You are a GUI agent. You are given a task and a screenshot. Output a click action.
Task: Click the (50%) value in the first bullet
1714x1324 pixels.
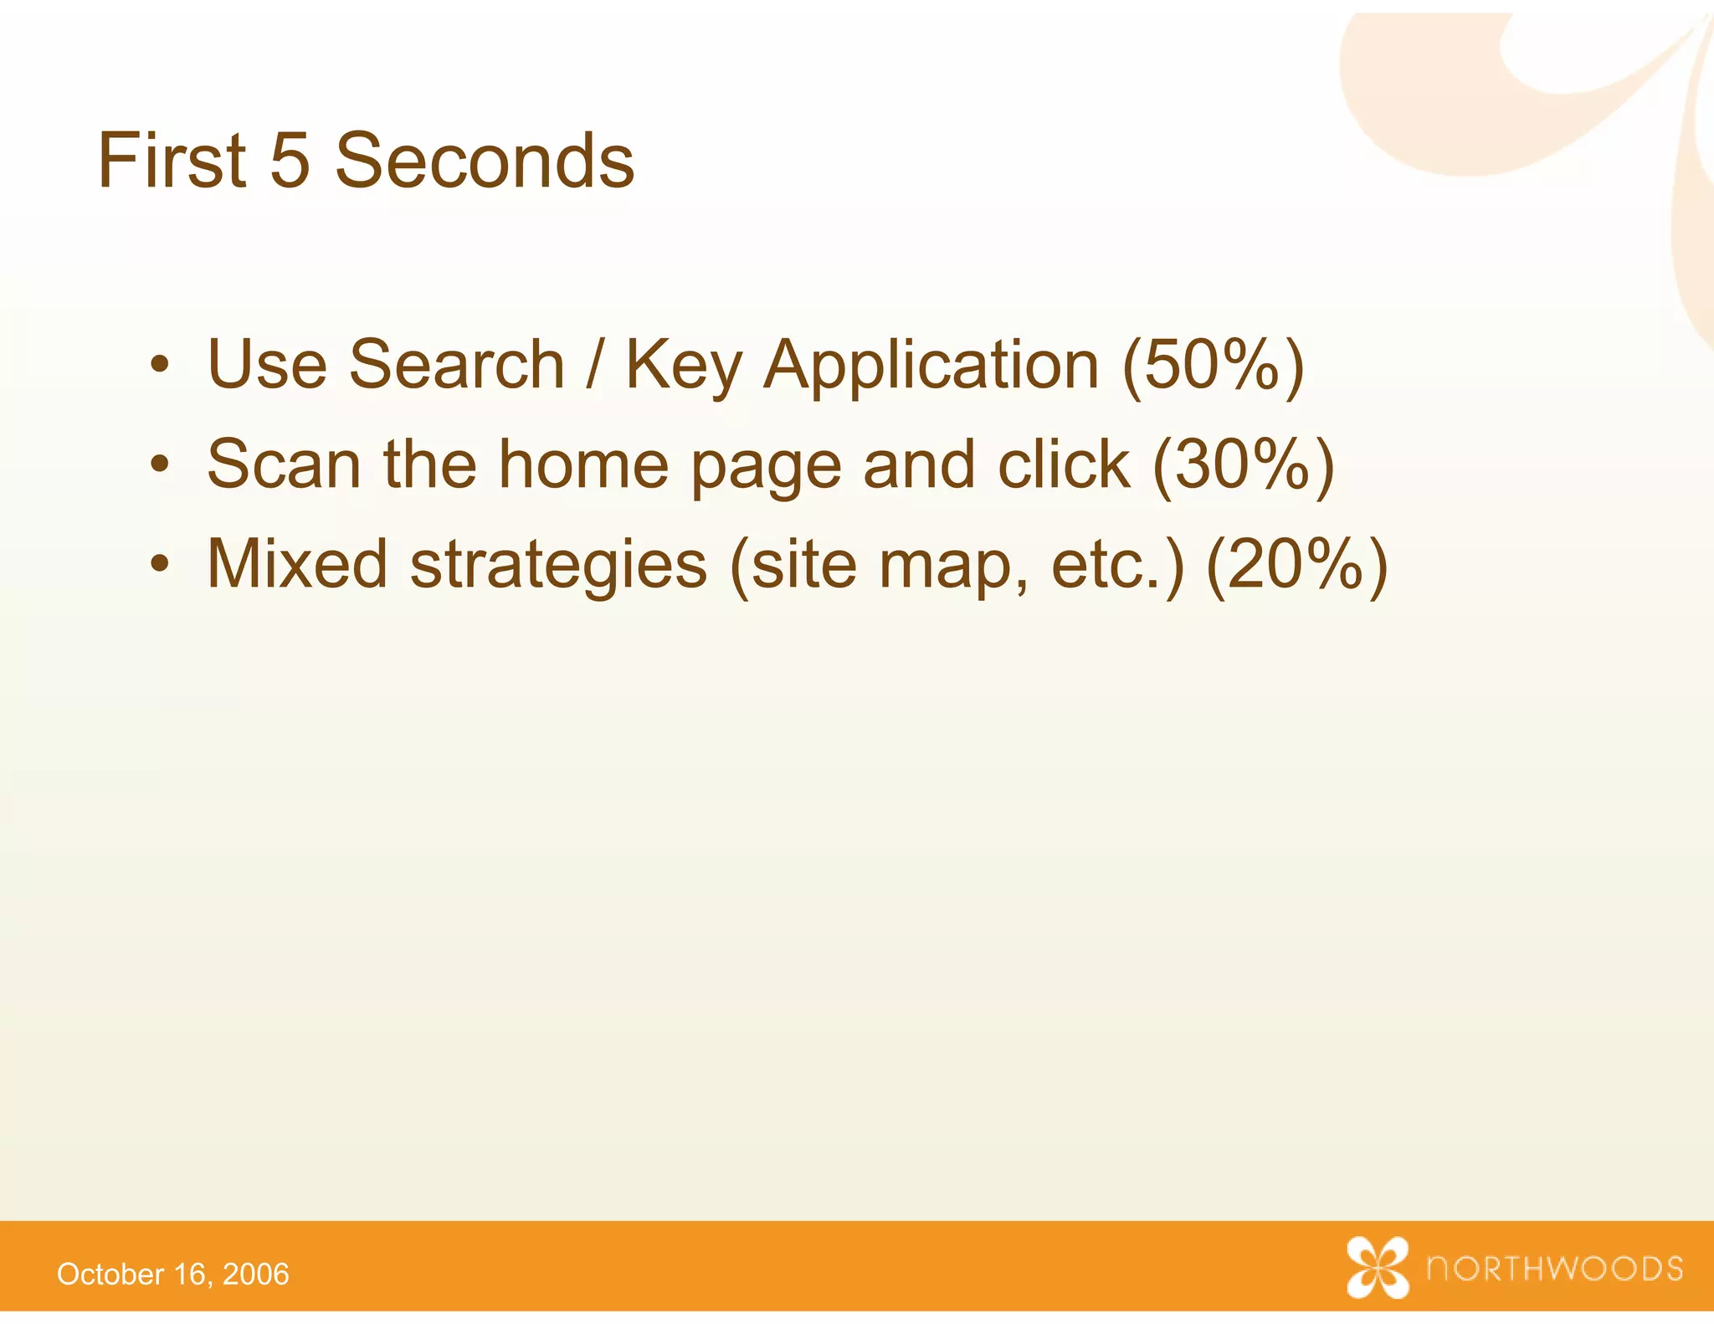(x=1213, y=366)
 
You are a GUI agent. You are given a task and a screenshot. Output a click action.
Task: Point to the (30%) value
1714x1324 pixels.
(x=1243, y=465)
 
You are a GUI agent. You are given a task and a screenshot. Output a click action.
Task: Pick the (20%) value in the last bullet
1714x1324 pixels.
(x=1297, y=565)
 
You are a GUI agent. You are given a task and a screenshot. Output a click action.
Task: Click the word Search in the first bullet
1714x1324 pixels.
(x=457, y=365)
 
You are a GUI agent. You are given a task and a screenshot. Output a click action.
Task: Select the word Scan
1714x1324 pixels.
(x=284, y=464)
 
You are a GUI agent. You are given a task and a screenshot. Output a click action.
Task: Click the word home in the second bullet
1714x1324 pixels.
(x=583, y=464)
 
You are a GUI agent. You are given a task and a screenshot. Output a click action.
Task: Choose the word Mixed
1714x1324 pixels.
(x=297, y=564)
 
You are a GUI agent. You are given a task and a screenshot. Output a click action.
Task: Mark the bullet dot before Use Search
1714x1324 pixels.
(x=160, y=366)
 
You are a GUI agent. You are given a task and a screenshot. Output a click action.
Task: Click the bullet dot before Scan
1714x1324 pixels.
(x=160, y=465)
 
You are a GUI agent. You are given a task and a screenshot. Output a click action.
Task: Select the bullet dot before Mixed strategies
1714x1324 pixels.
(x=160, y=565)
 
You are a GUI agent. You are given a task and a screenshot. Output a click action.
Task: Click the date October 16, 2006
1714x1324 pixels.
(x=173, y=1274)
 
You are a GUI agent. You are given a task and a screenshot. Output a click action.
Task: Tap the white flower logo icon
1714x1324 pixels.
(x=1378, y=1267)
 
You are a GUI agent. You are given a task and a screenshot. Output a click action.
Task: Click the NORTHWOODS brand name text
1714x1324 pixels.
(x=1555, y=1269)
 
